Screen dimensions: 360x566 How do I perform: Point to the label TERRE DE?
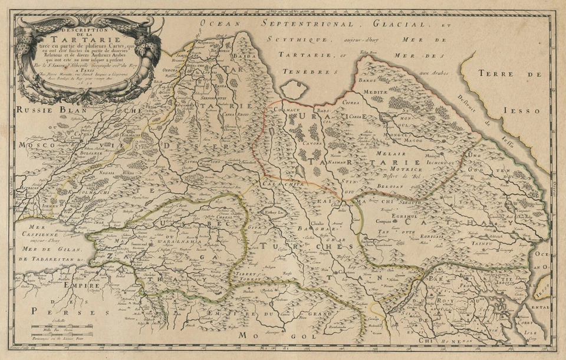(518, 74)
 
